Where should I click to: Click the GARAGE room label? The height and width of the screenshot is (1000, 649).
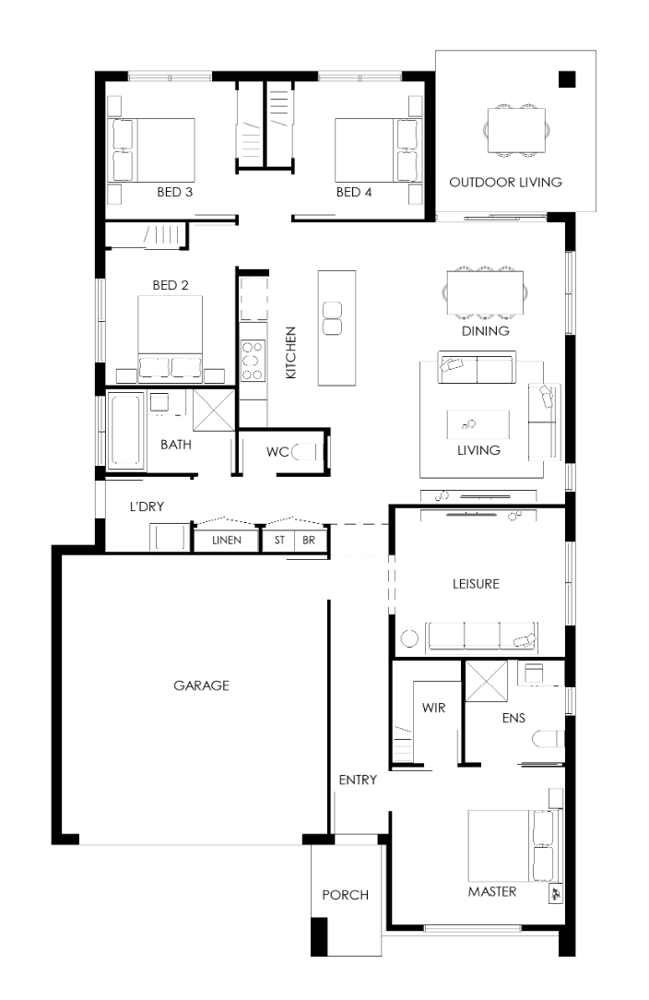coord(201,685)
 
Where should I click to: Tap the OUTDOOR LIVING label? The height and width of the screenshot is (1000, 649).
coord(505,183)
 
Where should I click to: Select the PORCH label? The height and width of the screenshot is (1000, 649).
coord(345,895)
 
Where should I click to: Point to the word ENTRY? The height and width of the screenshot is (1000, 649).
coord(358,780)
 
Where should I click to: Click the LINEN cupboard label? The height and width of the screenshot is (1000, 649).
coord(227,541)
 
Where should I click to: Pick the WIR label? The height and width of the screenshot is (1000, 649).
coord(433,708)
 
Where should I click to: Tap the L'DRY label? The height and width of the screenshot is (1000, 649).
coord(147,506)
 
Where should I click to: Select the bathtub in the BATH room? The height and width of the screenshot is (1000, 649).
coord(125,431)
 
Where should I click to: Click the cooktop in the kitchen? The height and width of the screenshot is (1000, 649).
coord(252,361)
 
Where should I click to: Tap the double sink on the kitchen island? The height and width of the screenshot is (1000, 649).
coord(332,318)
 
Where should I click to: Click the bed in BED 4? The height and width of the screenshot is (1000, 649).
coord(375,149)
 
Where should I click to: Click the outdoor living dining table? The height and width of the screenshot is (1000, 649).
coord(517,130)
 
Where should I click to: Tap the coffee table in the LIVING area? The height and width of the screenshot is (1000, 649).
coord(478,424)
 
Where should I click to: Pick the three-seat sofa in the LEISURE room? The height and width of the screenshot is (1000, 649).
coord(482,636)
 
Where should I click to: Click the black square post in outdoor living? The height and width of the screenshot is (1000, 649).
coord(567,79)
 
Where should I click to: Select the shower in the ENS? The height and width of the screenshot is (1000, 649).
coord(486,682)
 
